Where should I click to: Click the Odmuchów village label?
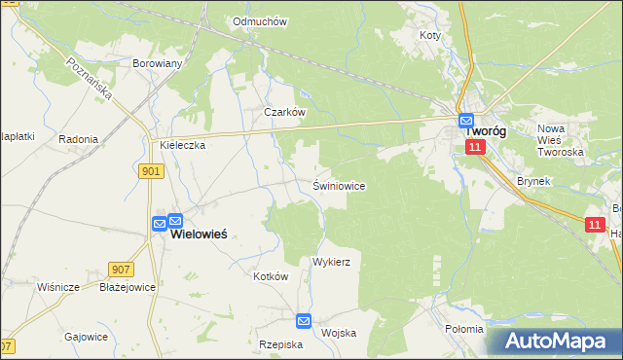tap(258, 21)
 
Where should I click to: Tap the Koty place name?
tap(429, 35)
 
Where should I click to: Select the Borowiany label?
tap(158, 63)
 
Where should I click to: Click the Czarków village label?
tap(285, 112)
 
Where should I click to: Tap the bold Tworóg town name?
tap(485, 130)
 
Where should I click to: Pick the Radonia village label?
tap(78, 139)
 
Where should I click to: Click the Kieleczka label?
tap(182, 146)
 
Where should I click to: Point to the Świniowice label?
tap(339, 185)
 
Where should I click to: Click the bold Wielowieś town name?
tap(206, 234)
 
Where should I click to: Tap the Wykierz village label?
tap(331, 263)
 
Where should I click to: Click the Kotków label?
tap(272, 276)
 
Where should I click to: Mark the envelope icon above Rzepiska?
tap(304, 320)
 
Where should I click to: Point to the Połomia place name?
tap(463, 329)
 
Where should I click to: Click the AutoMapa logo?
tap(554, 341)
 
